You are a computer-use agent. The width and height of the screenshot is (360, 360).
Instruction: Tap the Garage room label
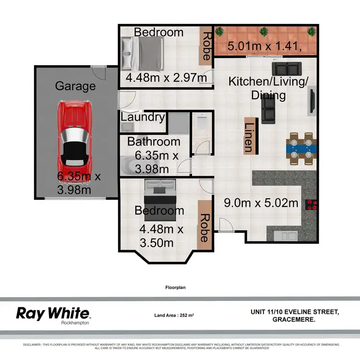[x=75, y=86]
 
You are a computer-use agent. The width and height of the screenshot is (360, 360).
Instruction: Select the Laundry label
[x=143, y=117]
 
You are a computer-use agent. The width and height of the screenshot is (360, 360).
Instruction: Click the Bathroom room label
[x=154, y=142]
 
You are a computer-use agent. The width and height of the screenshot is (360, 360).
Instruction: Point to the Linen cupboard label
[x=249, y=137]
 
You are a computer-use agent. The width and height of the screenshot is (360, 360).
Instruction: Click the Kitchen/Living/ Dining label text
[x=268, y=88]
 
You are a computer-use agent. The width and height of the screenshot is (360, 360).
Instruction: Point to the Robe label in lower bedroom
[x=204, y=228]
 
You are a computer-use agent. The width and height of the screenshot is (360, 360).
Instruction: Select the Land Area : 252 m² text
[x=174, y=315]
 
